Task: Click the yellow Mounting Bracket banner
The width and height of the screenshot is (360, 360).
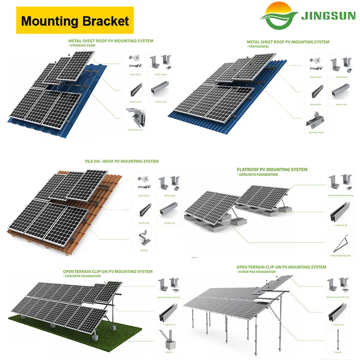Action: click(75, 20)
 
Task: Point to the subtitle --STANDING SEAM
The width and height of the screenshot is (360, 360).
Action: click(84, 45)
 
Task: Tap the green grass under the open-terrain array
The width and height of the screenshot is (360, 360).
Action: click(67, 328)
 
